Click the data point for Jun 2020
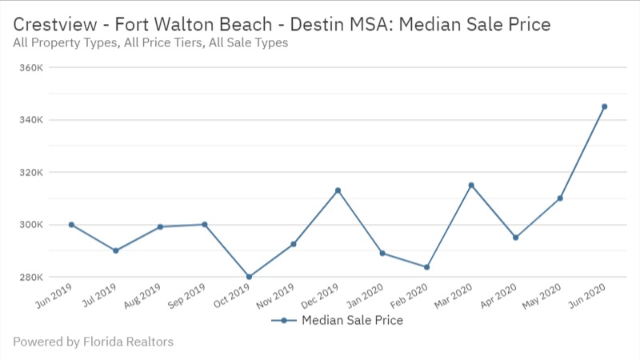pos(604,106)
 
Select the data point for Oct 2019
pos(249,277)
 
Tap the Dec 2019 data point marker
pos(338,190)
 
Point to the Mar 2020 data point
pos(471,185)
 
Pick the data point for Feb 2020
pos(426,267)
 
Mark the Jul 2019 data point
pos(116,250)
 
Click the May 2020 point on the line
pos(560,198)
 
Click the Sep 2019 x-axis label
pos(187,297)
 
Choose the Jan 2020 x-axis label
pos(365,297)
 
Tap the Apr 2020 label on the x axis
pos(498,297)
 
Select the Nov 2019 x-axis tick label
pos(276,297)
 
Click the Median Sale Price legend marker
pos(283,320)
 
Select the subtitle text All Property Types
pos(63,42)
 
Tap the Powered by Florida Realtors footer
pos(93,342)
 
